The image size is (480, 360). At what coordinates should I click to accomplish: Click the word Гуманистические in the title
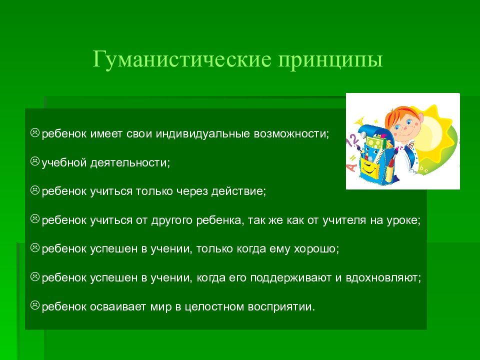[x=182, y=59]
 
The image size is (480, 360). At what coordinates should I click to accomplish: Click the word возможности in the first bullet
[x=291, y=134]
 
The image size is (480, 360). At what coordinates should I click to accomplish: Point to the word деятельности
[x=130, y=163]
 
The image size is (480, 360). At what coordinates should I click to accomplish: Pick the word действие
[x=238, y=191]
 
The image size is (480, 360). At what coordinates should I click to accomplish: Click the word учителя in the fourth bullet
[x=344, y=220]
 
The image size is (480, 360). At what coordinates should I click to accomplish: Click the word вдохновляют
[x=383, y=278]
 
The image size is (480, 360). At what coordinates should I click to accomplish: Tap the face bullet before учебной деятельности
[x=35, y=161]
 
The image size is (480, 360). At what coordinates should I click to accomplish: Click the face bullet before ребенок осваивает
[x=35, y=305]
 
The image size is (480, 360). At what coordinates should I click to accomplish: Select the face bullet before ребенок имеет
[x=35, y=132]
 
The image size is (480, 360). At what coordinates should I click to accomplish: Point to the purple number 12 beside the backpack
[x=352, y=141]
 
